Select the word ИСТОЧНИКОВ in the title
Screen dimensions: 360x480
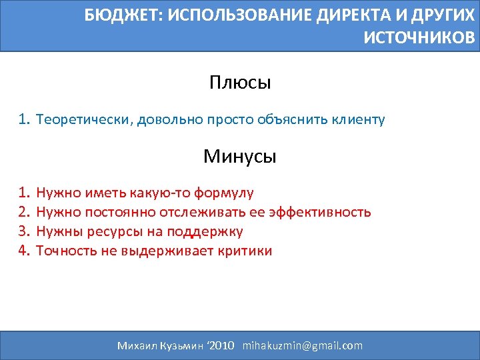[x=419, y=37]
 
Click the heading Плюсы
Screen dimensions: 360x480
[x=240, y=83]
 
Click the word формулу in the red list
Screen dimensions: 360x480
[x=223, y=193]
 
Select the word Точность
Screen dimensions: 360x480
[x=65, y=251]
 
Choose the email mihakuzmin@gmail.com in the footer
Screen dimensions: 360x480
[x=303, y=345]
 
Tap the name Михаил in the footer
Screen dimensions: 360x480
[x=137, y=345]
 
